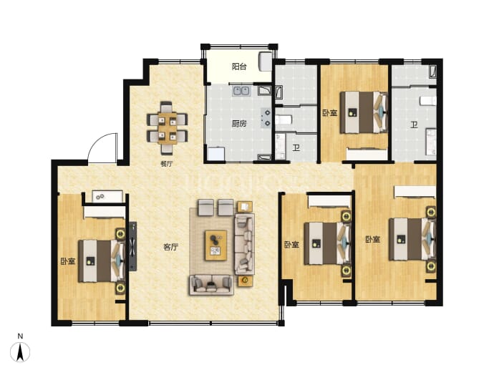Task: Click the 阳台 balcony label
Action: [x=239, y=67]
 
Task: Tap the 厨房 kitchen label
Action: [x=239, y=123]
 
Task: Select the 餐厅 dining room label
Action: [x=167, y=164]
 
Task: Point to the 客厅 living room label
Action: [x=171, y=247]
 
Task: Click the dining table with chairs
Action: [x=168, y=127]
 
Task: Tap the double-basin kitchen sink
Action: [x=241, y=91]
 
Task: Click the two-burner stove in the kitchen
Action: [x=266, y=118]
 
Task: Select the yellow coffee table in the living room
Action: [x=215, y=245]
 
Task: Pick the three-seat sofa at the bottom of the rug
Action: [x=210, y=285]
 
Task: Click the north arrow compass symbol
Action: [x=20, y=351]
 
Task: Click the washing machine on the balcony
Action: [x=266, y=62]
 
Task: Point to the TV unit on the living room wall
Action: [x=133, y=246]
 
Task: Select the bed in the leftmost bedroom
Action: [x=101, y=261]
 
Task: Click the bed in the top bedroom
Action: [x=364, y=112]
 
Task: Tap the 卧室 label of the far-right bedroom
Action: [x=373, y=239]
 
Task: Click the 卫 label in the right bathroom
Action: [x=414, y=125]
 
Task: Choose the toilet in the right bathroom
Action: [x=428, y=101]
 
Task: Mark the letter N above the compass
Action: [x=20, y=336]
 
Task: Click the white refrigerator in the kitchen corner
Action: [x=216, y=154]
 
